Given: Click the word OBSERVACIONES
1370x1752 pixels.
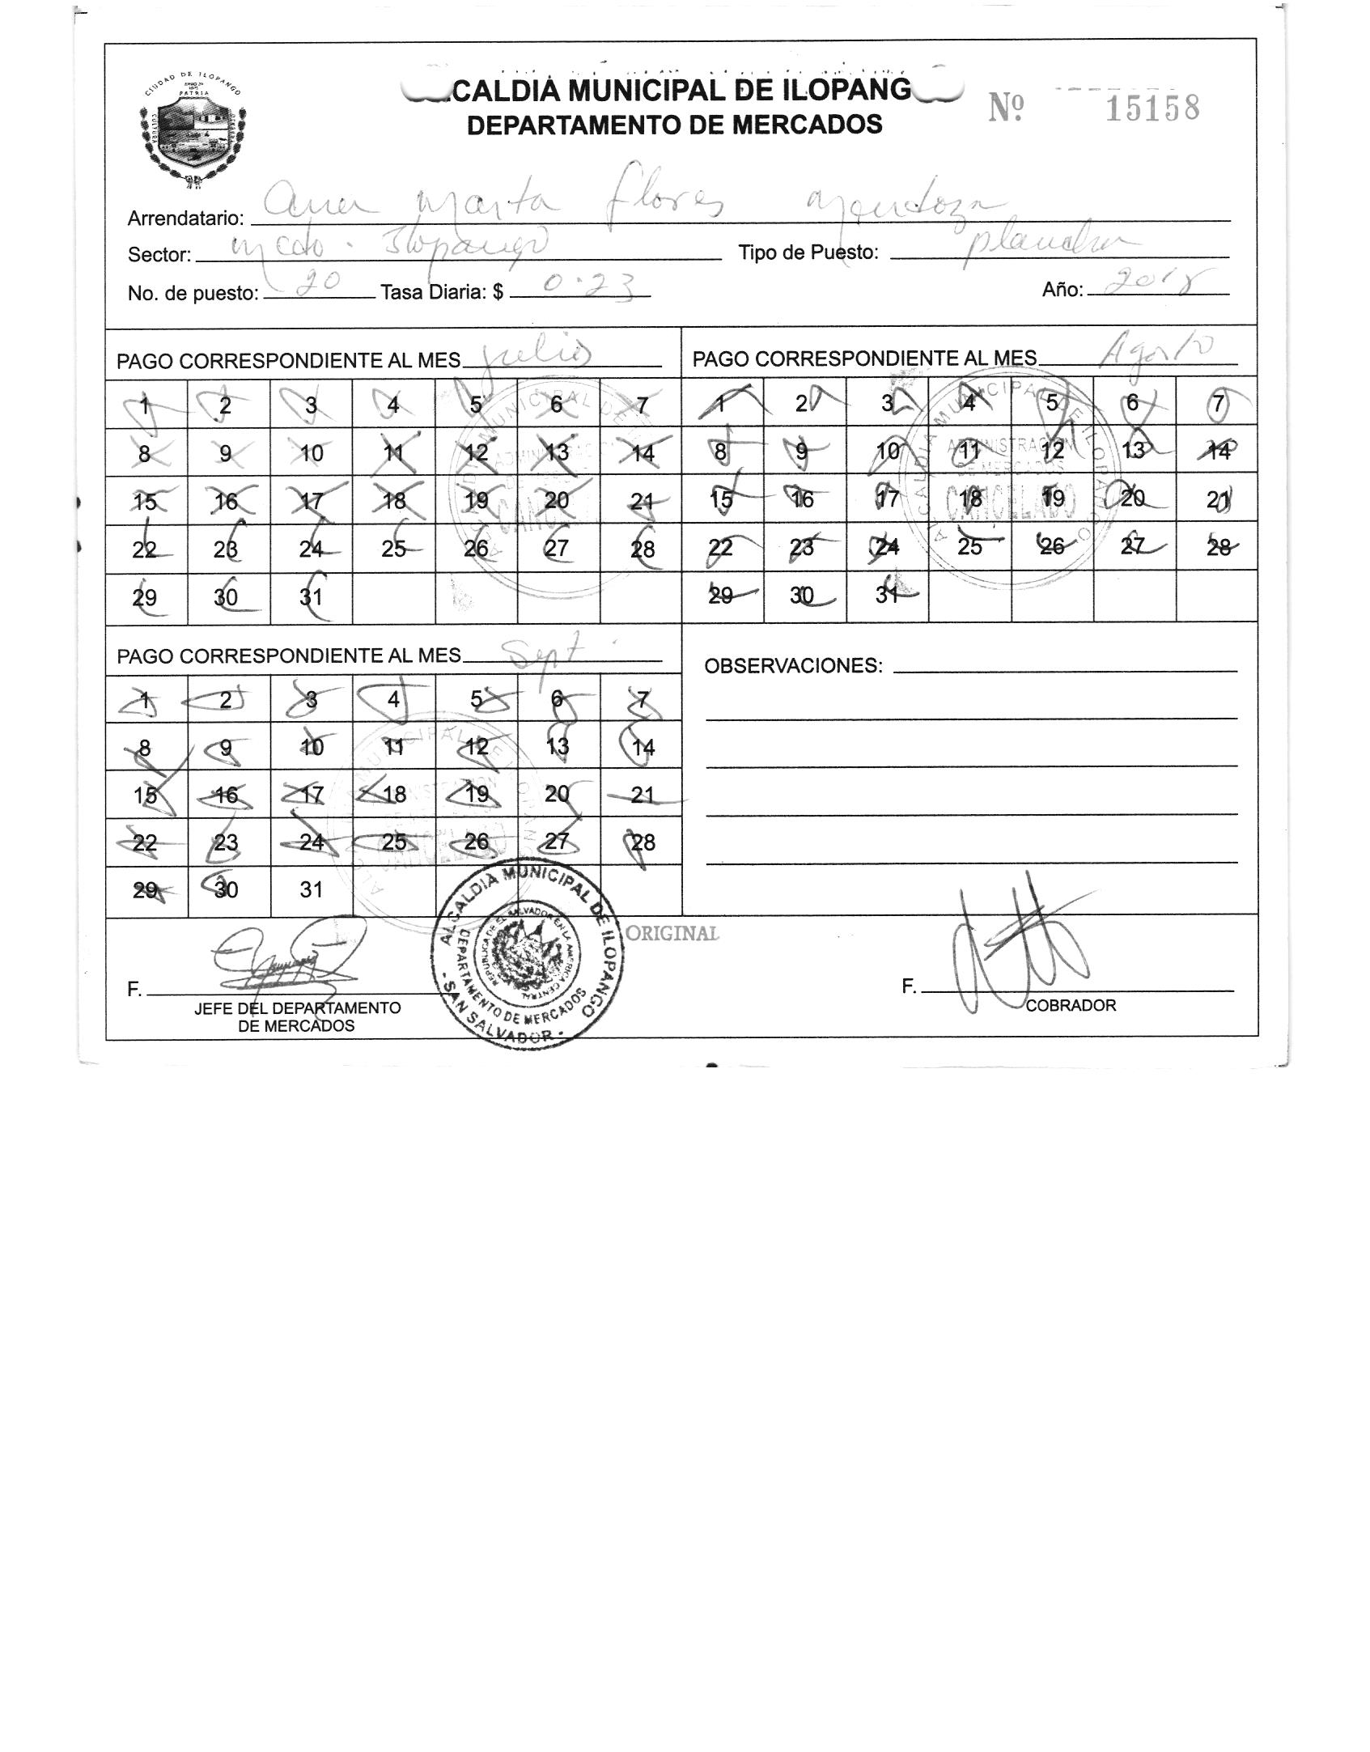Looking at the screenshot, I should pos(792,666).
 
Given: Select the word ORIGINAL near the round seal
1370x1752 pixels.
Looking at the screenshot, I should pos(672,933).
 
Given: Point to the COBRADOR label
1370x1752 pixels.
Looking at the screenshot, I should pos(1070,1005).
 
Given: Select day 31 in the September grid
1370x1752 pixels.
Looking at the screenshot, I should pos(312,889).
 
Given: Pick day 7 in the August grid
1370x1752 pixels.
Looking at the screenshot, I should pos(1216,402).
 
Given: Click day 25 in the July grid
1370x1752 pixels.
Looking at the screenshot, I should pos(393,549).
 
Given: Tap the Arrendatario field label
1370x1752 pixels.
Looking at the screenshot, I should pos(185,218).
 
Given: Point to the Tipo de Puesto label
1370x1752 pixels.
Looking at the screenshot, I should pos(808,252).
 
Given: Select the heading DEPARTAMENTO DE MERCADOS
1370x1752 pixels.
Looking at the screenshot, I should pos(674,125).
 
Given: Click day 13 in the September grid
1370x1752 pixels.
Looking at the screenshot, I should pos(558,746).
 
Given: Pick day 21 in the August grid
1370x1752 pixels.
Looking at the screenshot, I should pos(1217,499).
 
